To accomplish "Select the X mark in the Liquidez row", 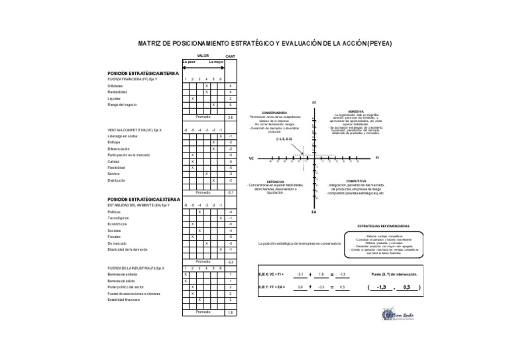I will coord(192,99).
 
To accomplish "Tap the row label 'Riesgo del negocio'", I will coord(122,105).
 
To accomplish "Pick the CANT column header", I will coord(231,56).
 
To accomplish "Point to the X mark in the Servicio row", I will coord(207,174).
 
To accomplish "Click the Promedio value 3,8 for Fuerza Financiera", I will coord(230,117).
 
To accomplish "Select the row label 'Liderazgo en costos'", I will coord(123,136).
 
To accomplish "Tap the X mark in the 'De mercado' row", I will coord(207,243).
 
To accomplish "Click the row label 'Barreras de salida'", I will coord(121,281).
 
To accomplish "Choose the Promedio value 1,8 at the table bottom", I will coord(230,312).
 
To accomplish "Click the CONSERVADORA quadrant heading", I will coord(274,112).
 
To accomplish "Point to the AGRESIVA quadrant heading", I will coord(357,111).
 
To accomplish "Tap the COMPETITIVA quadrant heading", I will coord(357,180).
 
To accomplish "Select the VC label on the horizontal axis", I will coord(252,159).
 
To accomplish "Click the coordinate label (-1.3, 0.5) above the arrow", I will coord(285,139).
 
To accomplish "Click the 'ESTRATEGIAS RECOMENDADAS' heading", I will coord(382,225).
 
